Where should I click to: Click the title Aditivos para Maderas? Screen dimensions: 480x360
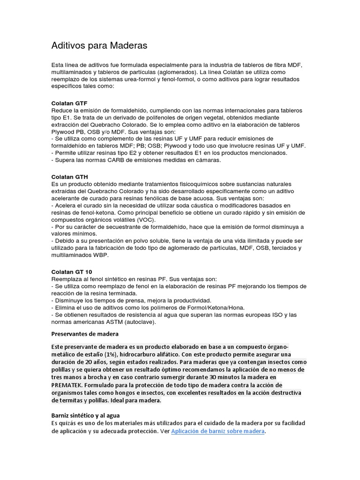click(x=99, y=45)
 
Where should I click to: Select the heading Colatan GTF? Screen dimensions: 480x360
click(x=69, y=103)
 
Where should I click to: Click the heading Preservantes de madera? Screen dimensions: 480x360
click(x=85, y=334)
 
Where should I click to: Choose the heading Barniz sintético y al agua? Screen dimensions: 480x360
click(x=85, y=415)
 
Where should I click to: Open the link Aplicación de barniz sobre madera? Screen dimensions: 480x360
click(x=218, y=431)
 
